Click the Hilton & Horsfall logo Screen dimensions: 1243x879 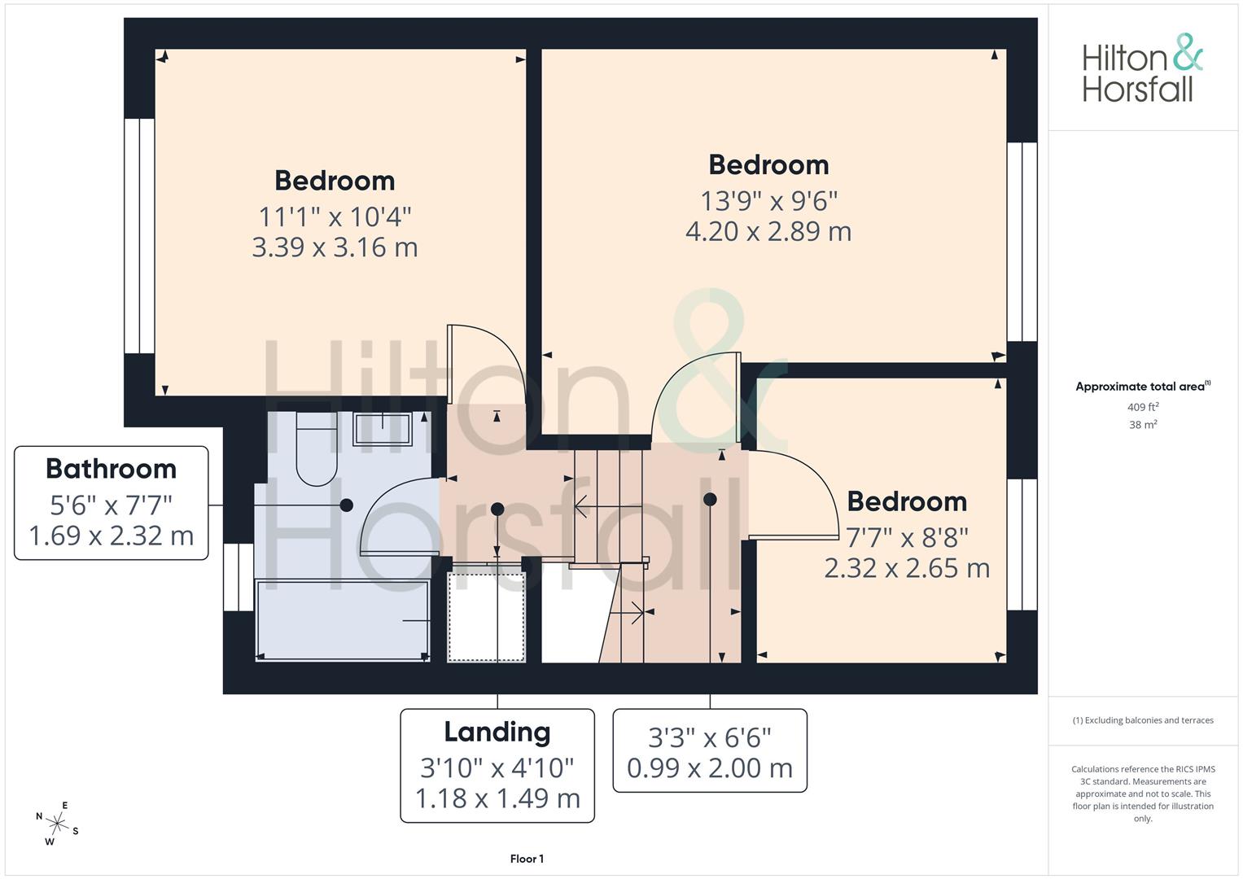pyautogui.click(x=1143, y=68)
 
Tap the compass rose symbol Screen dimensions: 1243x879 pyautogui.click(x=57, y=824)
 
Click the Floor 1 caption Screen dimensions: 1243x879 pyautogui.click(x=527, y=859)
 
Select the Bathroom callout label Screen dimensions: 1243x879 pyautogui.click(x=111, y=503)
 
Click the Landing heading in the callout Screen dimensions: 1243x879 pyautogui.click(x=497, y=732)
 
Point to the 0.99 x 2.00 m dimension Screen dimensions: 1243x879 pyautogui.click(x=710, y=768)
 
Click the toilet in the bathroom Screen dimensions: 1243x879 pyautogui.click(x=317, y=449)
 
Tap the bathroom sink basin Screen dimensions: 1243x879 pyautogui.click(x=383, y=429)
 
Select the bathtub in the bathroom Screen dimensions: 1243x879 pyautogui.click(x=343, y=620)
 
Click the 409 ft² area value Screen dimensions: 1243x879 pyautogui.click(x=1143, y=407)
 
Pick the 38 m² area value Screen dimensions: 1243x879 pyautogui.click(x=1143, y=425)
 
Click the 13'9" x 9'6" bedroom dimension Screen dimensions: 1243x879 pyautogui.click(x=768, y=201)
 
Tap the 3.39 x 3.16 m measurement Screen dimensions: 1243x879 pyautogui.click(x=335, y=247)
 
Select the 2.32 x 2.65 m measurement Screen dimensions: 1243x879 pyautogui.click(x=907, y=568)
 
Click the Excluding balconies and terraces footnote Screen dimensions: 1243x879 pyautogui.click(x=1143, y=720)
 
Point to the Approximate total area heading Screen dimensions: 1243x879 pyautogui.click(x=1143, y=387)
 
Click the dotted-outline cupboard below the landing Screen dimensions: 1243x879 pyautogui.click(x=486, y=617)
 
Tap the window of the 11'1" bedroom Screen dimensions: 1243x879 pyautogui.click(x=139, y=236)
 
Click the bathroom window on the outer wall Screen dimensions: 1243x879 pyautogui.click(x=239, y=577)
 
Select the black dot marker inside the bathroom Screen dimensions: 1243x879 pyautogui.click(x=346, y=505)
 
